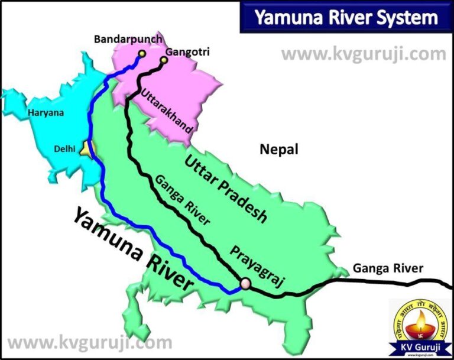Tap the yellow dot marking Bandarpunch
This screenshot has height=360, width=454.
tap(142, 54)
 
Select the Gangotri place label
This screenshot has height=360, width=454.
tap(187, 52)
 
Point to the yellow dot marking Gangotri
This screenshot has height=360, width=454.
tap(164, 59)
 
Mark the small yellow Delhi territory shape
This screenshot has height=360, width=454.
tap(86, 148)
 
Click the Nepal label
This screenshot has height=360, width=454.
tap(279, 149)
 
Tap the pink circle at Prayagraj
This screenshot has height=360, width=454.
tap(245, 284)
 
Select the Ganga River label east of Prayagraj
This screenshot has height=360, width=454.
tap(388, 268)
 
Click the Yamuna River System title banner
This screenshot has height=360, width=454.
tap(346, 18)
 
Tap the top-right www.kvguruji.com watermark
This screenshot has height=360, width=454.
tap(364, 54)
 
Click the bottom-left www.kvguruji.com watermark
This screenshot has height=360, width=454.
tap(89, 342)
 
